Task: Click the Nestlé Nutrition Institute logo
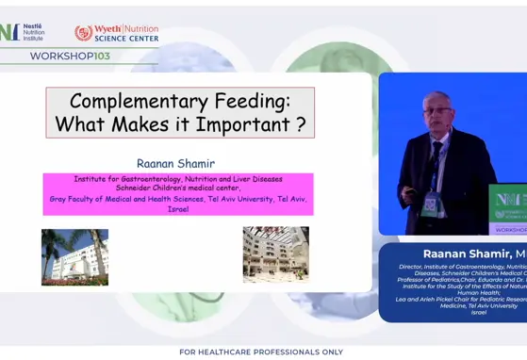tap(24, 33)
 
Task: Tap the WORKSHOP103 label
tap(70, 56)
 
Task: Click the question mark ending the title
tap(299, 124)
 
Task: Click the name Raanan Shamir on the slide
tap(176, 163)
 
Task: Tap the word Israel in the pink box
tap(178, 209)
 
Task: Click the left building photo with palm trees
tap(74, 256)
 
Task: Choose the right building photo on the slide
tap(275, 254)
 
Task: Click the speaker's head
tap(437, 109)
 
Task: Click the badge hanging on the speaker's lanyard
tap(430, 204)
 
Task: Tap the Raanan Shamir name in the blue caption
tap(467, 254)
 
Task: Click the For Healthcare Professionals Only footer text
tap(261, 352)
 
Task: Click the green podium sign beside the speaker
tap(509, 207)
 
